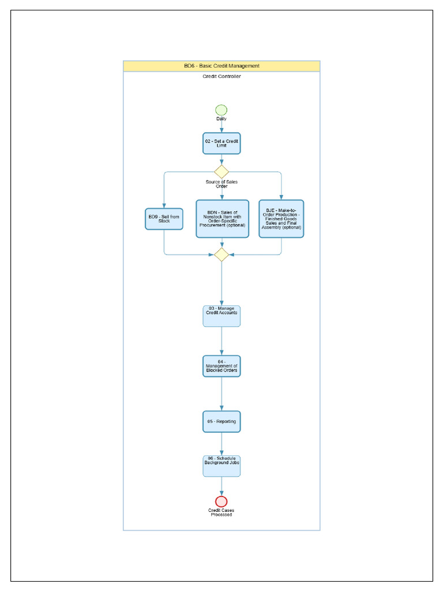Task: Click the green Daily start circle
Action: [221, 110]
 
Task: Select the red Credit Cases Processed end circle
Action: [221, 502]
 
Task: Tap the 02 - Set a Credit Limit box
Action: [221, 143]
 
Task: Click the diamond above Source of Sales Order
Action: [221, 171]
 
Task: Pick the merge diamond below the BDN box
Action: [221, 255]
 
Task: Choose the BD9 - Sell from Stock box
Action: [164, 219]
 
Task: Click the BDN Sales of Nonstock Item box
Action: [222, 219]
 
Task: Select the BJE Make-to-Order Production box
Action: [281, 219]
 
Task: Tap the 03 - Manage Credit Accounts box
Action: [221, 316]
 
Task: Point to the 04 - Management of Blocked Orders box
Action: [221, 366]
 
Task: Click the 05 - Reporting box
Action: [221, 421]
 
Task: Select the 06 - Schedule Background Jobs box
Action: [221, 466]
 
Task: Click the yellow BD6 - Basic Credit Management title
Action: [221, 66]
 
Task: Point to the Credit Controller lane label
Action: [221, 76]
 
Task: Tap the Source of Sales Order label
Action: [221, 184]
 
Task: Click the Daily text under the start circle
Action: [221, 119]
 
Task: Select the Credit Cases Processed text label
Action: [221, 513]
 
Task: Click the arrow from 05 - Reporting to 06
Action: [221, 444]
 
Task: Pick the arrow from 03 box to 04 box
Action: [221, 341]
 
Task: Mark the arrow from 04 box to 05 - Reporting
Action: [221, 394]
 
